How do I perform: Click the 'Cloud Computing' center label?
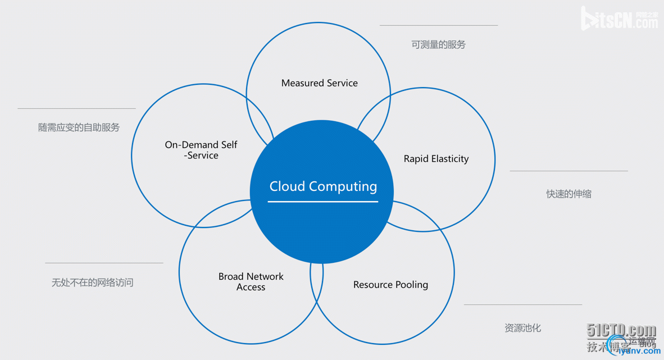pos(323,186)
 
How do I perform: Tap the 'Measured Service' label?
pos(319,83)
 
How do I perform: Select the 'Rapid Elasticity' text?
pos(436,159)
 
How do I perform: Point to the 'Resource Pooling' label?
pos(390,285)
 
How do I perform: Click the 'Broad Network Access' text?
pos(251,281)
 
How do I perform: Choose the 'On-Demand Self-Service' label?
pos(201,150)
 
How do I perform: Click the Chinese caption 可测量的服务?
pos(438,44)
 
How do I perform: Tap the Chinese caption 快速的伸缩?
pos(569,194)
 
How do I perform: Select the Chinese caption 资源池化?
pos(522,327)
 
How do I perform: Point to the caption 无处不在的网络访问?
pos(93,282)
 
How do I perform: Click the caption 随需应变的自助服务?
pos(79,127)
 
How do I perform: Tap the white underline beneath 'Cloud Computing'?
pos(323,201)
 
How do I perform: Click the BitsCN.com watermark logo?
pos(619,19)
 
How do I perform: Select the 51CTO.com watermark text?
pos(621,330)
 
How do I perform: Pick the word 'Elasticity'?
pos(448,159)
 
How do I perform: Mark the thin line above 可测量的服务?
pos(438,25)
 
